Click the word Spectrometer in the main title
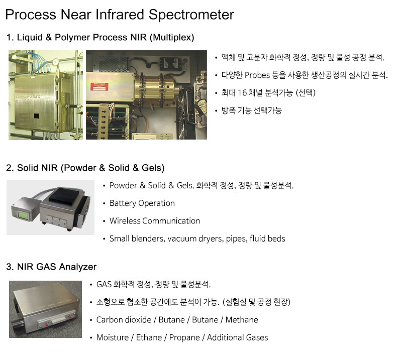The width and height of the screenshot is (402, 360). point(191,15)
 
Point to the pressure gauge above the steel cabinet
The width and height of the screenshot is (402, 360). point(55,62)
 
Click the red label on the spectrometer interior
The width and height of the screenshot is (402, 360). point(99,87)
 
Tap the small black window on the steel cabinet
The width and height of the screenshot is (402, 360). point(36,116)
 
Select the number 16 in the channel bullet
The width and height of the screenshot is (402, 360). point(242,93)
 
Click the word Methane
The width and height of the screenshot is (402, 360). point(242,320)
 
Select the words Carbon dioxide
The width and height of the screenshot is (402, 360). point(124,320)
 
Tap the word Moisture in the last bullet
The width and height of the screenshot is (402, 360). point(113,338)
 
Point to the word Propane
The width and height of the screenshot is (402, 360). point(184,338)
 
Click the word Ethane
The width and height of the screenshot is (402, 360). point(149,338)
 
